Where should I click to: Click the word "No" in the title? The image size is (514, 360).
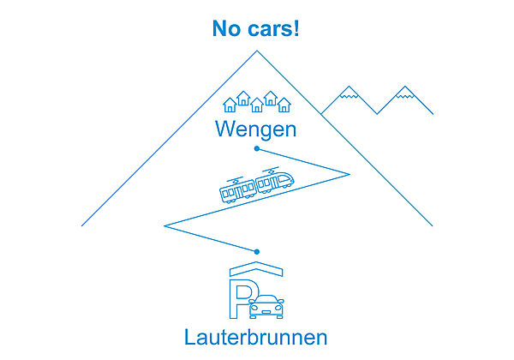click(x=227, y=28)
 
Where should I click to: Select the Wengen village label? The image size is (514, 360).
click(x=256, y=130)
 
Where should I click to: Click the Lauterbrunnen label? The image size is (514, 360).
click(x=256, y=337)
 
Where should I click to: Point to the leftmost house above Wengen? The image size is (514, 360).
click(x=230, y=105)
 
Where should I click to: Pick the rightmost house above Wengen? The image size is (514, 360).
click(x=284, y=105)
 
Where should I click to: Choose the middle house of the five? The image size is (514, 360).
click(x=256, y=105)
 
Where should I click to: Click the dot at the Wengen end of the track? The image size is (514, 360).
click(x=257, y=148)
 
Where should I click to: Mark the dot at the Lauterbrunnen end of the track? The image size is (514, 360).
click(x=257, y=251)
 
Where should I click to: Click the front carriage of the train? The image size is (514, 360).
click(x=276, y=182)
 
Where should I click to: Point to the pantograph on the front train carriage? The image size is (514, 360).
click(x=272, y=170)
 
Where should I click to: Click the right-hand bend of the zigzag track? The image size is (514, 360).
click(x=349, y=174)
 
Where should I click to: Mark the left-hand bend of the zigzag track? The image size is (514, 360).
click(x=165, y=226)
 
